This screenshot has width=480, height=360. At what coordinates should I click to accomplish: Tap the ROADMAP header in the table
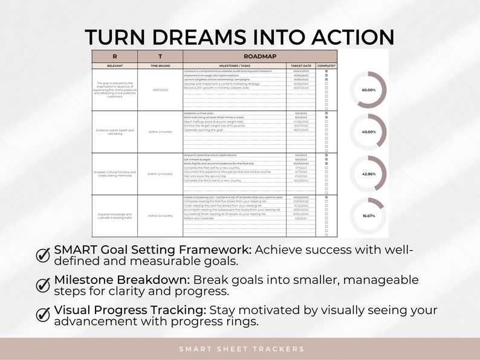click(x=260, y=56)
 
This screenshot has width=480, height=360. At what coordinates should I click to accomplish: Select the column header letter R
click(x=114, y=56)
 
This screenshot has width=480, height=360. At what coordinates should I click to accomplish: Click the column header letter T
click(x=160, y=56)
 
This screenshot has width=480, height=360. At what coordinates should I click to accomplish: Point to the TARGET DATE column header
click(x=300, y=65)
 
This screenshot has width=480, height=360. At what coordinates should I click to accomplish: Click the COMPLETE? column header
click(x=326, y=65)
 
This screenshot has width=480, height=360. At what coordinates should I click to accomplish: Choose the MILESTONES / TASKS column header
click(x=235, y=65)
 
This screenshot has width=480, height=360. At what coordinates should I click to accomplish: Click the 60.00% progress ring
click(x=369, y=90)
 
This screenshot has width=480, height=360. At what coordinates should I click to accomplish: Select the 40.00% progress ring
click(x=369, y=132)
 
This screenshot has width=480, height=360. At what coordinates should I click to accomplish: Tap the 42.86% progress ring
click(x=369, y=173)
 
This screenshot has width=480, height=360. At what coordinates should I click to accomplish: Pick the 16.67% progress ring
click(x=369, y=215)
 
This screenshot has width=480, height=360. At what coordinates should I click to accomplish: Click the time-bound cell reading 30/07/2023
click(x=160, y=90)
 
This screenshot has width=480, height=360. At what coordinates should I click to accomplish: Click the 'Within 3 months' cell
click(x=160, y=132)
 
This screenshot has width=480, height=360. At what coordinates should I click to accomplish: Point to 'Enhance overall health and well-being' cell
click(x=114, y=132)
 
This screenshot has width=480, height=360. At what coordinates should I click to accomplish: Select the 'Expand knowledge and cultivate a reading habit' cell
click(x=114, y=216)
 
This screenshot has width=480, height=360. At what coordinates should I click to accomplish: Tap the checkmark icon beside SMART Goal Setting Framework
click(x=44, y=255)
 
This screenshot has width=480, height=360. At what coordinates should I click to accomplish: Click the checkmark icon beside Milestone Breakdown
click(x=44, y=284)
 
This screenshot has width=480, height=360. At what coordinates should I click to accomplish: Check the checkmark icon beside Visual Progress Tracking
click(x=44, y=315)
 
